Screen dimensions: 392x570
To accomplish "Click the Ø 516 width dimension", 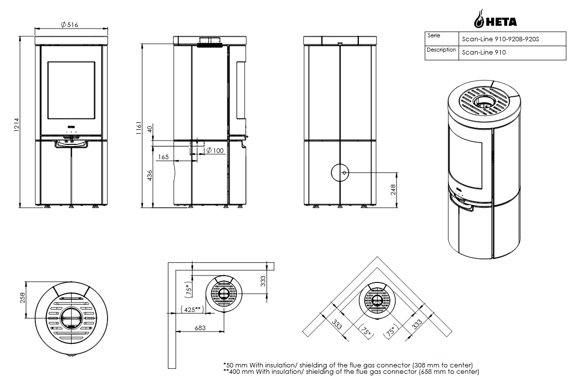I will click(70, 25).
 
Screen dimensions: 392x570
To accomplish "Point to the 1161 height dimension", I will click(139, 127).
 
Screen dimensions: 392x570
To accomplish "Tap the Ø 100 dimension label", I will click(215, 150).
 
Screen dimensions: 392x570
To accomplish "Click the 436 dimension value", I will click(150, 175).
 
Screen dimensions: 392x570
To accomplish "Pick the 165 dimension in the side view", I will click(163, 157).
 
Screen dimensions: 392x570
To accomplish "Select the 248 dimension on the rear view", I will click(393, 190).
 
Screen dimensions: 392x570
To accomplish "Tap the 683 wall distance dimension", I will click(200, 328).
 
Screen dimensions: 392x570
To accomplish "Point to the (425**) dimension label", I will click(192, 309).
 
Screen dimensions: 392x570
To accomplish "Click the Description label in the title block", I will click(441, 50).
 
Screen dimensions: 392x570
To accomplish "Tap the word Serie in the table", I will click(434, 36).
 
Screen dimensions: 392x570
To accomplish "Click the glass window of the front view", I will click(71, 90).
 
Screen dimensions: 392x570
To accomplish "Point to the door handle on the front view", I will click(72, 144).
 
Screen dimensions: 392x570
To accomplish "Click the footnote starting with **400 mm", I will click(351, 372).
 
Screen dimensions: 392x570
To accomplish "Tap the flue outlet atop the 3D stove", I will click(485, 103).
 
